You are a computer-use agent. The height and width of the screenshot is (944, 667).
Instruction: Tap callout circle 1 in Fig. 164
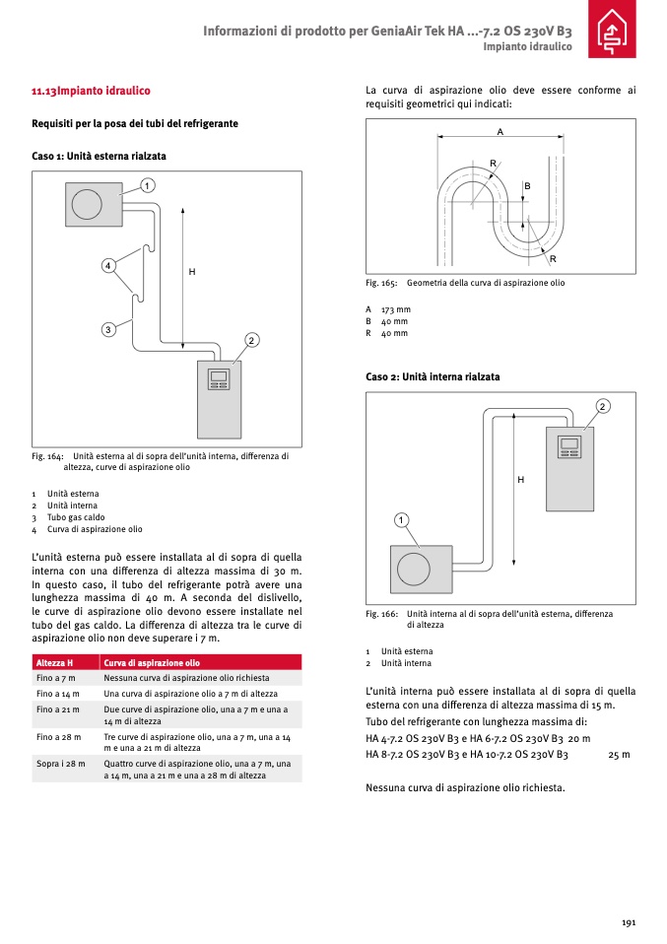tap(147, 185)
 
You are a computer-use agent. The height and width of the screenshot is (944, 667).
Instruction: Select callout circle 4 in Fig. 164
tap(108, 265)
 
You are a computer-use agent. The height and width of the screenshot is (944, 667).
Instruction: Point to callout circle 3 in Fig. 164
tap(108, 329)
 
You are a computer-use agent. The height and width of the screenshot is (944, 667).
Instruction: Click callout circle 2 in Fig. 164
tap(251, 340)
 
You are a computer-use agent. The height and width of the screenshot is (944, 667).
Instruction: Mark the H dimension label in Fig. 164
tap(192, 271)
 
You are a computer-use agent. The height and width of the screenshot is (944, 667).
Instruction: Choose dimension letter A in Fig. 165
tap(500, 131)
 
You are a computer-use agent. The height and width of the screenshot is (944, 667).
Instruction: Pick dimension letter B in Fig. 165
tap(527, 186)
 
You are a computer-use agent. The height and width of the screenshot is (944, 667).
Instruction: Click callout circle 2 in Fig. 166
tap(602, 406)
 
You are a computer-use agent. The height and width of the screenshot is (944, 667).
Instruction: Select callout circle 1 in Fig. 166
tap(402, 519)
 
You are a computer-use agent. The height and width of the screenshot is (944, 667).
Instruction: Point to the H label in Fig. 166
tap(520, 479)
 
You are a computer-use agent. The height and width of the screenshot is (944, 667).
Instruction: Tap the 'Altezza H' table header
tap(54, 663)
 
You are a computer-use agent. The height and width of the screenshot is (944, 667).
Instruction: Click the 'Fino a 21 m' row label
tap(58, 709)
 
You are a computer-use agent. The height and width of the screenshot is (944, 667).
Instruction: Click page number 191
tap(628, 922)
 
